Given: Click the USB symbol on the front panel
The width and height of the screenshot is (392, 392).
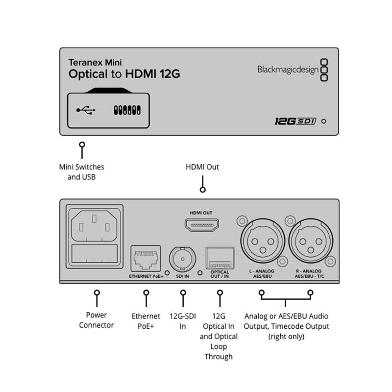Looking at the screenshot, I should click(x=86, y=110).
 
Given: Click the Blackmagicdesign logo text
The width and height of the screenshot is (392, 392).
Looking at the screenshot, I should click(x=287, y=70).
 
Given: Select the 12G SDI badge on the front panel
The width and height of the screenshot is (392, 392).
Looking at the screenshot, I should click(x=294, y=121).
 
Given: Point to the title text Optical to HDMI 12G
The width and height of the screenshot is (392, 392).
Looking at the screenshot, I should click(x=124, y=74).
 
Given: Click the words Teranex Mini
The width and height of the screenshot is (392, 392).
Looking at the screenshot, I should click(x=95, y=62).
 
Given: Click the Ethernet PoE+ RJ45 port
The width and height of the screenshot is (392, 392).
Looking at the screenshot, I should click(x=145, y=258).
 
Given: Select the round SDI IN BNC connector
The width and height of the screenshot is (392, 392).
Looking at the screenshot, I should click(x=182, y=258).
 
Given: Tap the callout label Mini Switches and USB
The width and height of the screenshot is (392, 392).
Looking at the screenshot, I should click(x=81, y=172).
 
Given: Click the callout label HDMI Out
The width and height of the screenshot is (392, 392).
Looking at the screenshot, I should click(x=202, y=167).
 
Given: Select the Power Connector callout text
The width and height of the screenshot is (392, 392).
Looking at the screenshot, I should click(x=96, y=320).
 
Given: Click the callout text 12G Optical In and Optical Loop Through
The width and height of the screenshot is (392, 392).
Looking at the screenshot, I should click(x=219, y=337).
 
